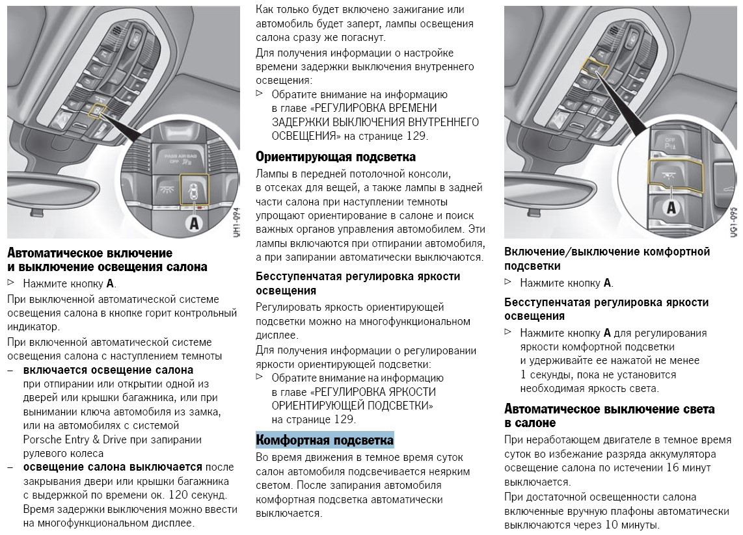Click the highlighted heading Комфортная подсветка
click(325, 440)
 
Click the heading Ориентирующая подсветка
click(335, 157)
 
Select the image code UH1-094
click(236, 222)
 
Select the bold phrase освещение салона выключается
click(113, 467)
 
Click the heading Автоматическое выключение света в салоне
click(609, 416)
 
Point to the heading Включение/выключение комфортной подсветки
click(607, 258)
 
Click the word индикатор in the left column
click(33, 327)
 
